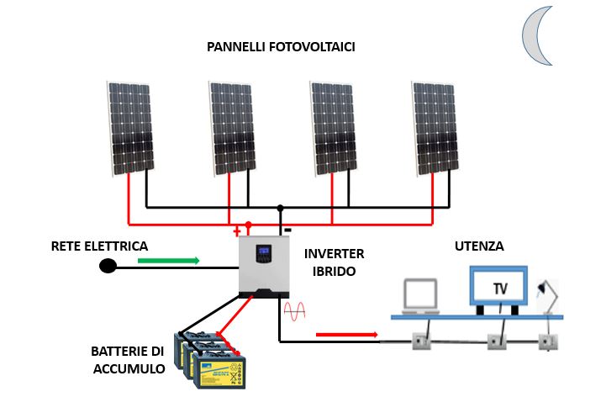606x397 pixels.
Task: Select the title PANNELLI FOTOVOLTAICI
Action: pos(281,47)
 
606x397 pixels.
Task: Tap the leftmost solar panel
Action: pos(129,127)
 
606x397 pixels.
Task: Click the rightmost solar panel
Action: pos(435,127)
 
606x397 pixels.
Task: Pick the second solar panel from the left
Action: pos(231,127)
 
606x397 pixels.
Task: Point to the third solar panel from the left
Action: pos(333,127)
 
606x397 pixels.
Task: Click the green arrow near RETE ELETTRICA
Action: pos(168,261)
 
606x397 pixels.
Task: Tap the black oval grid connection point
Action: pos(108,267)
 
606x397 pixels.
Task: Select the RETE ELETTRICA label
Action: pos(99,246)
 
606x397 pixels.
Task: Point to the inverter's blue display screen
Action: pos(265,251)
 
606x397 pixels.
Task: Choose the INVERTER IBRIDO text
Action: pos(334,262)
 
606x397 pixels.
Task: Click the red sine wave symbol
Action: pos(295,312)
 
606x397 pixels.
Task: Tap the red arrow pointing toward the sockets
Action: pos(346,335)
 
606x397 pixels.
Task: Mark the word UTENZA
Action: pos(479,246)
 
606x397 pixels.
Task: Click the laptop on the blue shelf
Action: pos(422,297)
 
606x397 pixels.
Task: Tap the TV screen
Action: pos(499,287)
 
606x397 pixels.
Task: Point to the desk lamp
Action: pos(549,295)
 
